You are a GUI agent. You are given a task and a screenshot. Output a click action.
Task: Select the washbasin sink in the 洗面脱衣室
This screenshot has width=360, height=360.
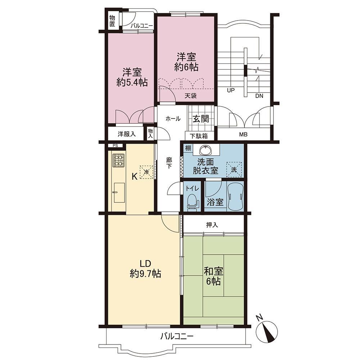tap(206, 150)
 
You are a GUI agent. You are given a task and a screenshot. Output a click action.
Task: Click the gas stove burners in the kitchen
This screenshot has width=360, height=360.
tap(118, 160)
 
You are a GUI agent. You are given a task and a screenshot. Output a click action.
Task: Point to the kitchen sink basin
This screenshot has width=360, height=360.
tap(119, 193)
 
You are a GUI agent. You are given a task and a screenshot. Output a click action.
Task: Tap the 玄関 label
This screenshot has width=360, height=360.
tap(201, 119)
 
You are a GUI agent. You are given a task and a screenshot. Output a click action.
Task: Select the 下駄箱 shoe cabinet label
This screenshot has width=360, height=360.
tap(199, 136)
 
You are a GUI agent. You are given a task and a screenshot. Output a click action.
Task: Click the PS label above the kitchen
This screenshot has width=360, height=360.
tap(115, 145)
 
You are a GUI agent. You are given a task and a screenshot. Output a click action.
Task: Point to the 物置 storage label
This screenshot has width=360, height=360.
tap(112, 21)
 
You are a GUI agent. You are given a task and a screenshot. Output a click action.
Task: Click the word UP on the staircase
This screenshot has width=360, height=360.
tap(231, 90)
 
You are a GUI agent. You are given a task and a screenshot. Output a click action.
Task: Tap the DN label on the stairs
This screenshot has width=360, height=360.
tap(259, 96)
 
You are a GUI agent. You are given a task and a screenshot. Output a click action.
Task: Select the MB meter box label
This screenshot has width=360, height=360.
tap(243, 135)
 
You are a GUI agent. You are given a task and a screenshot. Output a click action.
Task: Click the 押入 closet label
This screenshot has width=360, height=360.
tap(212, 225)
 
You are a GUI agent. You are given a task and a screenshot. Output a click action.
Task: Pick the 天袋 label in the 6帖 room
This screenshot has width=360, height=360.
tap(191, 95)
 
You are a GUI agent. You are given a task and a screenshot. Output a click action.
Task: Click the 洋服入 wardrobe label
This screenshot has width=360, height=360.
tap(126, 134)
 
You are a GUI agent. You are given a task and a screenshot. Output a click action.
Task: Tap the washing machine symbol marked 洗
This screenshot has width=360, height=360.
tap(234, 170)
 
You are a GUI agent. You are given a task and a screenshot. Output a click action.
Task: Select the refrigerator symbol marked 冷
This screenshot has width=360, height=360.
tap(147, 172)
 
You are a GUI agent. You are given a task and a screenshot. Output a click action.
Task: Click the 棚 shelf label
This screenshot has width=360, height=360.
tap(188, 148)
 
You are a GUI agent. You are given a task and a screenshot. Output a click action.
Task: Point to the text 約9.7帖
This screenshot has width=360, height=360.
tap(145, 274)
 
